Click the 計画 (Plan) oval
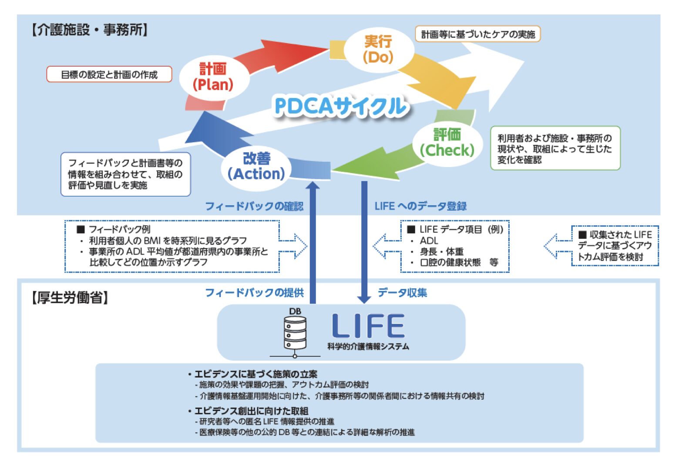point(213,77)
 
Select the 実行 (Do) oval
point(378,49)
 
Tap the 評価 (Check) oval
point(447,143)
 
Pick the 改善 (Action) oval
point(256,166)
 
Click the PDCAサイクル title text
point(341,106)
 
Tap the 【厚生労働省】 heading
point(70,298)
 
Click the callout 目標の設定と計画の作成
point(109,74)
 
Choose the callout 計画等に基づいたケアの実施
point(478,34)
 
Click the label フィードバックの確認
point(254,206)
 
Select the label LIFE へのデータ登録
point(420,206)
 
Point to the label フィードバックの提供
point(254,292)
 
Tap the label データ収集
point(402,292)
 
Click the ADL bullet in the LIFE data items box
point(429,241)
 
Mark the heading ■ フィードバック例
point(114,229)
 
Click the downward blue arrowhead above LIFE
point(364,299)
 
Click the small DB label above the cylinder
point(295,311)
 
